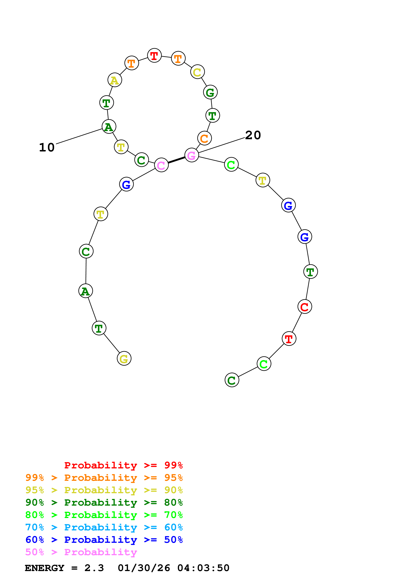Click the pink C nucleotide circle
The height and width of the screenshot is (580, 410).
[161, 165]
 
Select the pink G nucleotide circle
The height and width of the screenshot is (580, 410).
[192, 155]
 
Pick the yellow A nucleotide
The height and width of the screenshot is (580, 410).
[115, 80]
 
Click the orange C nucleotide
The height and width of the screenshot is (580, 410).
[204, 138]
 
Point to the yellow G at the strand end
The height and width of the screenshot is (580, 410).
[124, 358]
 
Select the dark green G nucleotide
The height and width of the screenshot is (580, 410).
[210, 92]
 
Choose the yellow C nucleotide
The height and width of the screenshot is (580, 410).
[197, 72]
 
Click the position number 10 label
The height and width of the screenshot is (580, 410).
[47, 147]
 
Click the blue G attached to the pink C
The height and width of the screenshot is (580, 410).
[126, 184]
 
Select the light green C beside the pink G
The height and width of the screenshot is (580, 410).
[231, 165]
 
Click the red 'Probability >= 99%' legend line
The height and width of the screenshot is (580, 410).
[123, 465]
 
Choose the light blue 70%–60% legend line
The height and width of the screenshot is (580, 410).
[104, 527]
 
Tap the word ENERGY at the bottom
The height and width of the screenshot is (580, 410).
[44, 568]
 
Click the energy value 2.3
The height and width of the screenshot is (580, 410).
[94, 568]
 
